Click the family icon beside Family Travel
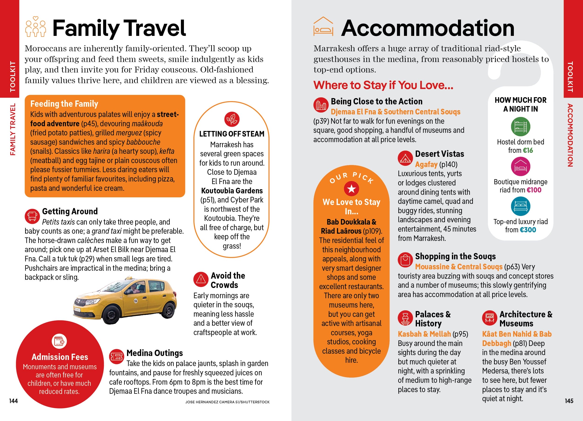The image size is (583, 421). click(x=36, y=27)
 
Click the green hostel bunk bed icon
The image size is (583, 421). click(x=520, y=127)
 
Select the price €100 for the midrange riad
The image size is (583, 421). click(x=534, y=190)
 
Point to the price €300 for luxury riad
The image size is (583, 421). click(x=528, y=230)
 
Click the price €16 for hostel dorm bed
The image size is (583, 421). click(x=528, y=151)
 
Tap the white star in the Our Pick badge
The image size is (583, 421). click(x=351, y=189)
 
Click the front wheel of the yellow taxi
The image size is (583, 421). click(x=111, y=315)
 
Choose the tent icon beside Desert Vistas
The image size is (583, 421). click(x=405, y=158)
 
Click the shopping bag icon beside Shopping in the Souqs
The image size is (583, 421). click(x=405, y=260)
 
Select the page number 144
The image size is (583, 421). click(x=13, y=401)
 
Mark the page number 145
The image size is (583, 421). click(x=569, y=401)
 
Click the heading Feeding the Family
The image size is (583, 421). click(x=64, y=104)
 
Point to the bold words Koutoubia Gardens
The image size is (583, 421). click(x=232, y=191)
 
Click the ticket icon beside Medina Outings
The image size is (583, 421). click(x=116, y=356)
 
